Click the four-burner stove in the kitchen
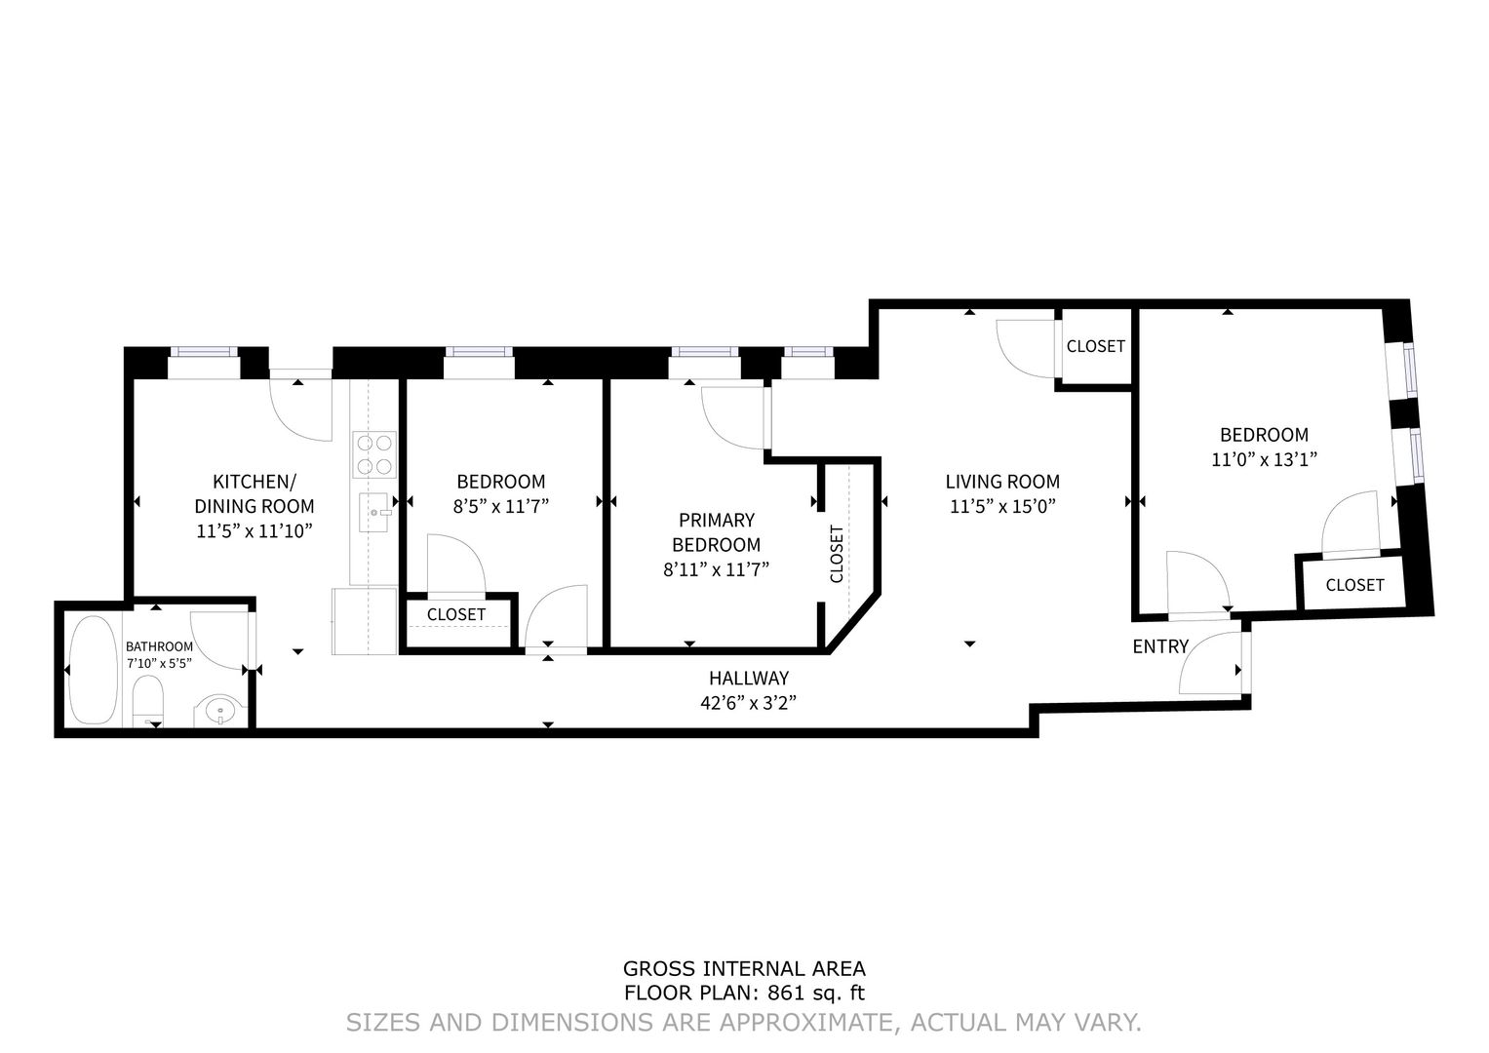click(x=374, y=453)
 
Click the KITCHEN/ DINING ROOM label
click(x=254, y=493)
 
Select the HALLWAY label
click(x=748, y=678)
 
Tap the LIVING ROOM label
click(x=1001, y=481)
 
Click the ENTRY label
click(x=1159, y=646)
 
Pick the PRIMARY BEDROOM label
click(x=716, y=532)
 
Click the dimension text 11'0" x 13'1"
click(x=1264, y=460)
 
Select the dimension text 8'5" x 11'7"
click(x=500, y=506)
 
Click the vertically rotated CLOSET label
click(x=837, y=554)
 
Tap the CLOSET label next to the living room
click(x=1095, y=346)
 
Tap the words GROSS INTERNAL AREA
click(x=743, y=968)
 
